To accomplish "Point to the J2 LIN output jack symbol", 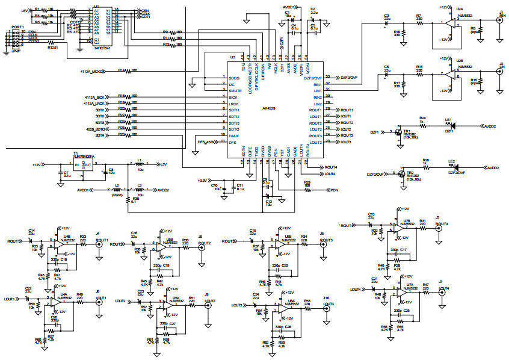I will [x=500, y=71].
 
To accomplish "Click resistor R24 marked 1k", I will [x=423, y=123].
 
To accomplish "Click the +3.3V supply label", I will [x=206, y=180].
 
